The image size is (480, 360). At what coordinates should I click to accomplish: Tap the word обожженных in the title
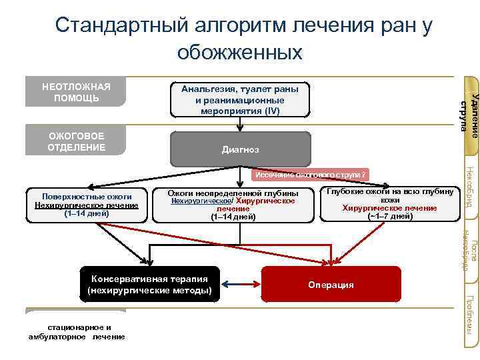240,51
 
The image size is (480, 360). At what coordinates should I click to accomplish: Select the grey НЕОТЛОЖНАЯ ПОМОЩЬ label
75,93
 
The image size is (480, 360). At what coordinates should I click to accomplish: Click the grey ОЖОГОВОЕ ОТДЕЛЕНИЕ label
75,141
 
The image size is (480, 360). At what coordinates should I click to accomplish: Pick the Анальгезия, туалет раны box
241,100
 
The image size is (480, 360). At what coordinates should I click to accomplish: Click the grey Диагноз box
241,149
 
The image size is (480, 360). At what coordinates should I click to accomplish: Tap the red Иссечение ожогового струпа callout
309,175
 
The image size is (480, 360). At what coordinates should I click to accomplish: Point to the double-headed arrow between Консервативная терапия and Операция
241,284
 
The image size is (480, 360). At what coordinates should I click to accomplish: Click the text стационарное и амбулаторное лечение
77,332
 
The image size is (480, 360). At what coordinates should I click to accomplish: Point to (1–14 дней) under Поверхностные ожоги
86,214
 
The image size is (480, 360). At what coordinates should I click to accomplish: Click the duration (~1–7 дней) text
390,216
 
